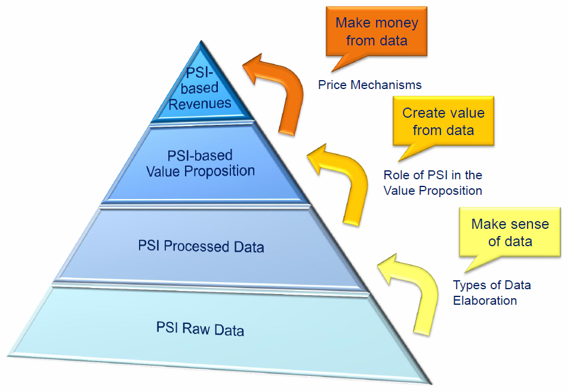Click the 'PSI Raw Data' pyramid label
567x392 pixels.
point(200,328)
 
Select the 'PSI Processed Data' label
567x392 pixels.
point(201,246)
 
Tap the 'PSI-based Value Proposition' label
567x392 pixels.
point(201,163)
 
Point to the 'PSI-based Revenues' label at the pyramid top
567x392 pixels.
point(199,89)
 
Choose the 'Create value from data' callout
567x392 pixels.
point(443,121)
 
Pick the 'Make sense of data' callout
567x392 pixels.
point(510,233)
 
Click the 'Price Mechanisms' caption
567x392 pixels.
point(369,85)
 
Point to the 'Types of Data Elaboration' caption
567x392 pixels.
point(491,293)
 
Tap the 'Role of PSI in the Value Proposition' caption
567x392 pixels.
point(433,183)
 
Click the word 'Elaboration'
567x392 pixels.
point(485,301)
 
